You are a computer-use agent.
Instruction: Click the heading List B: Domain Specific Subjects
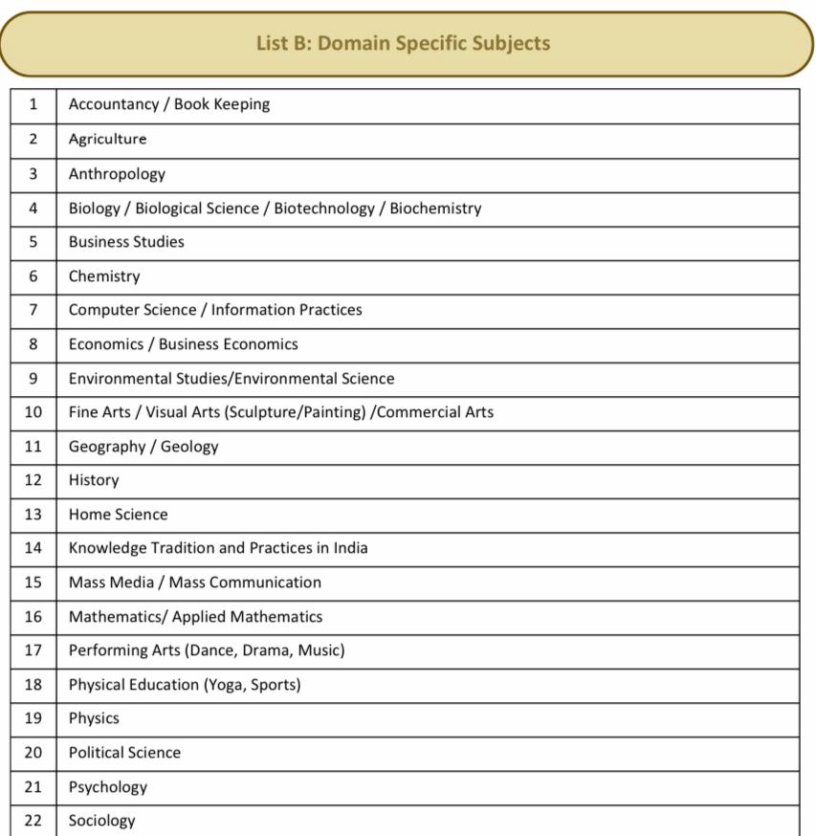(403, 44)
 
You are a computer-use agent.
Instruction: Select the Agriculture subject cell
(107, 140)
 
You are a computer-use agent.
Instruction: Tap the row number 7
(33, 310)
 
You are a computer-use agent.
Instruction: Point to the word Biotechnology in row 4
(324, 209)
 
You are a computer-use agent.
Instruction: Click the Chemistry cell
(104, 276)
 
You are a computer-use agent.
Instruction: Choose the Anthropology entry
(117, 174)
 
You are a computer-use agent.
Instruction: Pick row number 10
(33, 412)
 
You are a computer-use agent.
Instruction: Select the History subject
(94, 480)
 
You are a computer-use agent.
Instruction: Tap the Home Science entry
(118, 515)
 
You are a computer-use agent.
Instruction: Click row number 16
(33, 617)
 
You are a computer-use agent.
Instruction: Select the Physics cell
(94, 718)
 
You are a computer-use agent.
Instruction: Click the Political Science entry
(124, 753)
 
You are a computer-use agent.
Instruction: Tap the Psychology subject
(107, 787)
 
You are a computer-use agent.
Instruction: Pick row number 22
(33, 821)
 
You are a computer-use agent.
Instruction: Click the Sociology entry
(101, 821)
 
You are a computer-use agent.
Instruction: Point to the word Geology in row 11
(189, 447)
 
